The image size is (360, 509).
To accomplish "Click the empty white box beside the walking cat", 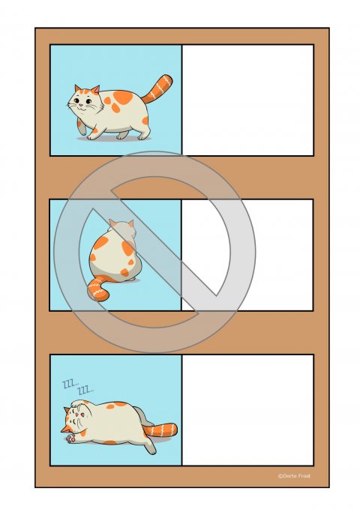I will click(x=247, y=100).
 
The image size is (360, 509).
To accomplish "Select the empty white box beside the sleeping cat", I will click(x=247, y=409).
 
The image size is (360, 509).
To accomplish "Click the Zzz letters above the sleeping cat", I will click(x=76, y=387).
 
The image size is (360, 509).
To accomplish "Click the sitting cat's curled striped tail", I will click(x=100, y=289).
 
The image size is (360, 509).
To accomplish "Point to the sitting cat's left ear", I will click(x=112, y=223).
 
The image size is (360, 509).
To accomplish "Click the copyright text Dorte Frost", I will click(x=293, y=475).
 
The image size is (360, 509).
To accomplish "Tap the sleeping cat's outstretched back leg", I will click(x=148, y=445).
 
